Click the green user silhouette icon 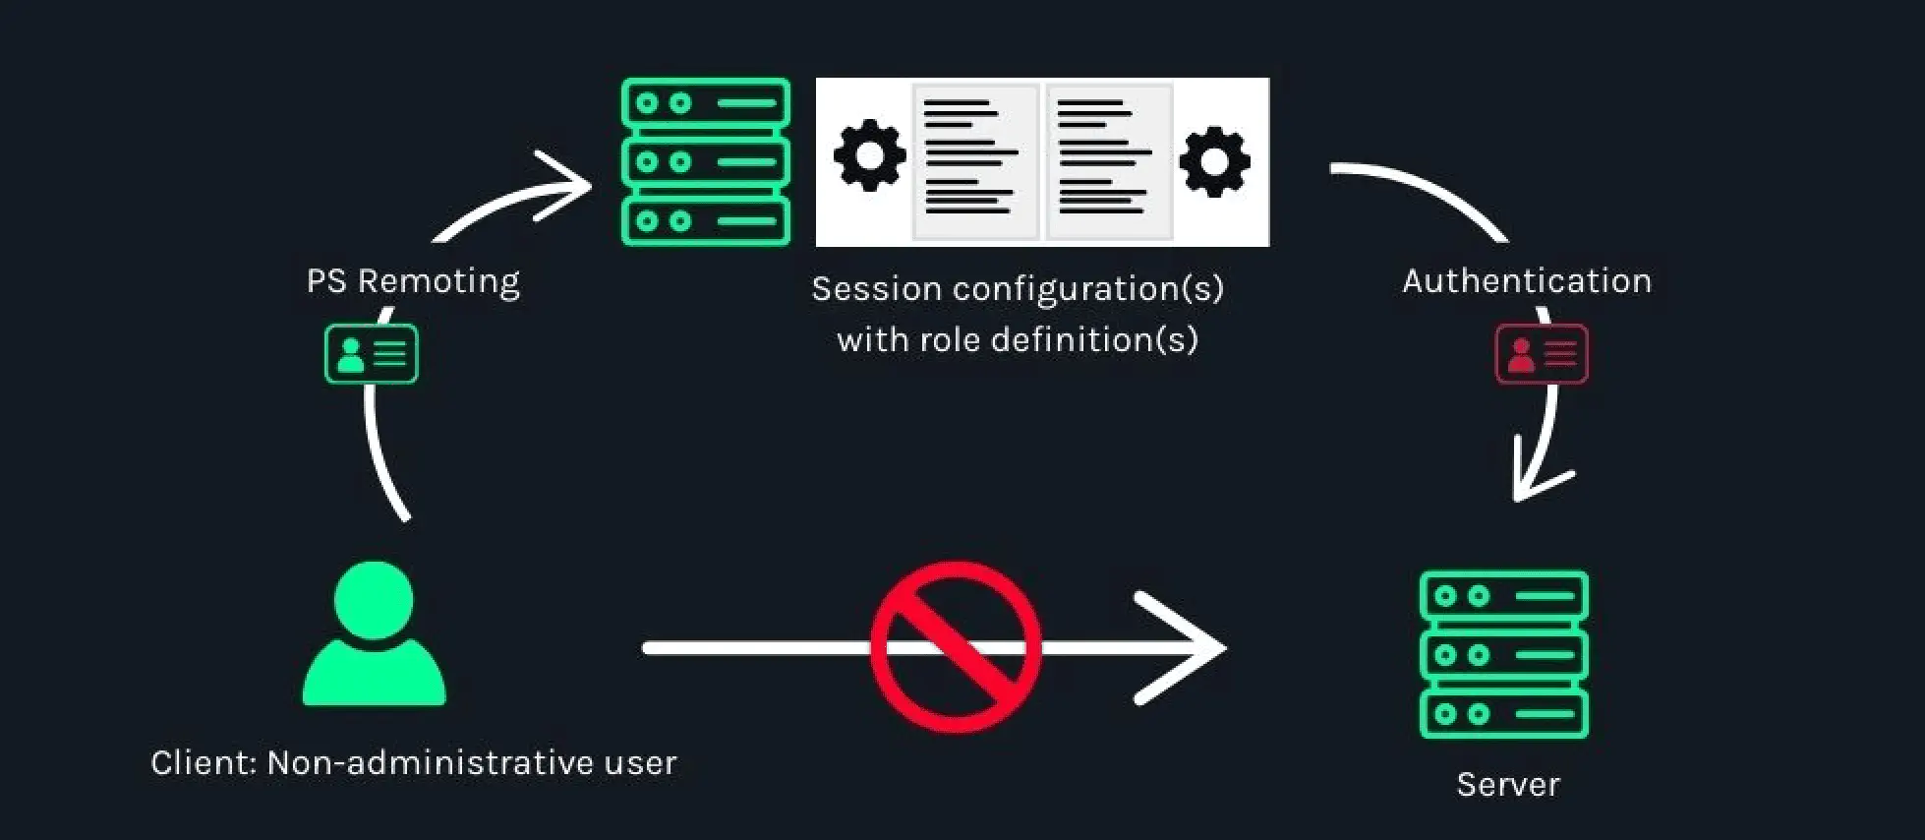click(x=374, y=634)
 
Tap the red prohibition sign click(x=956, y=646)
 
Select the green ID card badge click(x=372, y=354)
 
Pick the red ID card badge click(x=1541, y=354)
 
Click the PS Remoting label click(x=413, y=281)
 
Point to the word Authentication click(x=1526, y=281)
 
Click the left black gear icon click(x=869, y=155)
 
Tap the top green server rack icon click(x=705, y=161)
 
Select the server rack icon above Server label click(x=1503, y=654)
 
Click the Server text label click(x=1507, y=784)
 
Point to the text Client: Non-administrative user click(x=413, y=763)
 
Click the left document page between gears click(x=974, y=161)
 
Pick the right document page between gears click(x=1108, y=161)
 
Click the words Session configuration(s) click(x=1018, y=289)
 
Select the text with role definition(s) click(x=1018, y=340)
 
